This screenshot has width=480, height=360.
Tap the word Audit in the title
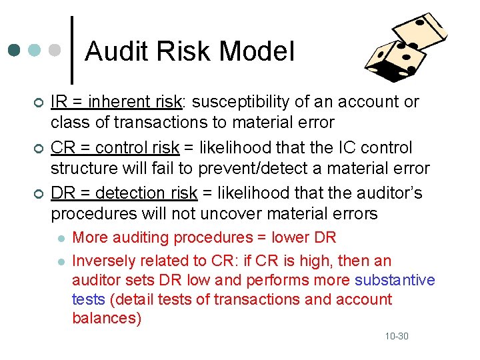pyautogui.click(x=114, y=51)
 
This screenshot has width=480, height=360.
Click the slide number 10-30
pyautogui.click(x=396, y=336)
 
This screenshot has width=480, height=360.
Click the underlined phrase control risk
pyautogui.click(x=138, y=147)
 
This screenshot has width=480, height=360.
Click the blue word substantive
pyautogui.click(x=395, y=280)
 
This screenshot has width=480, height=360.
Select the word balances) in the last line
pyautogui.click(x=107, y=318)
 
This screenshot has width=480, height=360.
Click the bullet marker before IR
pyautogui.click(x=39, y=103)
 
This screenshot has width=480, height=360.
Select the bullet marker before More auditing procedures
pyautogui.click(x=61, y=238)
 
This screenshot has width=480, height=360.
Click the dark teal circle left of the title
pyautogui.click(x=14, y=51)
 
